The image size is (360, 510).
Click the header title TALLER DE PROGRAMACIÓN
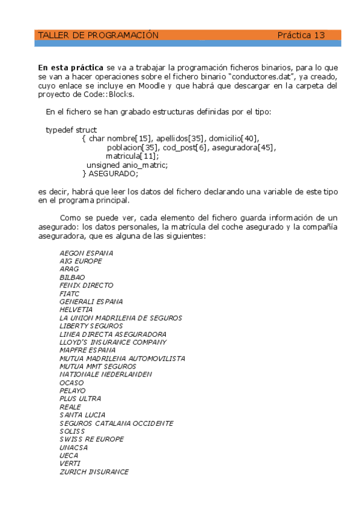pyautogui.click(x=98, y=35)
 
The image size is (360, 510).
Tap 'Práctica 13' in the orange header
pyautogui.click(x=301, y=35)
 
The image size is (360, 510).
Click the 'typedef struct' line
pyautogui.click(x=72, y=130)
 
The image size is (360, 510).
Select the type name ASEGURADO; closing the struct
pyautogui.click(x=114, y=174)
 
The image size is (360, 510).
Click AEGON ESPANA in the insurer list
pyautogui.click(x=87, y=253)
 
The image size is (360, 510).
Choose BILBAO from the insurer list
pyautogui.click(x=72, y=277)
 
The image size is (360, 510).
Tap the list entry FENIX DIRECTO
pyautogui.click(x=87, y=286)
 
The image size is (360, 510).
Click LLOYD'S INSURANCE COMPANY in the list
pyautogui.click(x=113, y=342)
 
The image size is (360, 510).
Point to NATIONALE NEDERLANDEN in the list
pyautogui.click(x=106, y=375)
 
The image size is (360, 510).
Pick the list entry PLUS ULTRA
pyautogui.click(x=81, y=399)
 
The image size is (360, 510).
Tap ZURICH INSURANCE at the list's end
pyautogui.click(x=94, y=472)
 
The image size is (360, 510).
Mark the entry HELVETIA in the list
pyautogui.click(x=76, y=310)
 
